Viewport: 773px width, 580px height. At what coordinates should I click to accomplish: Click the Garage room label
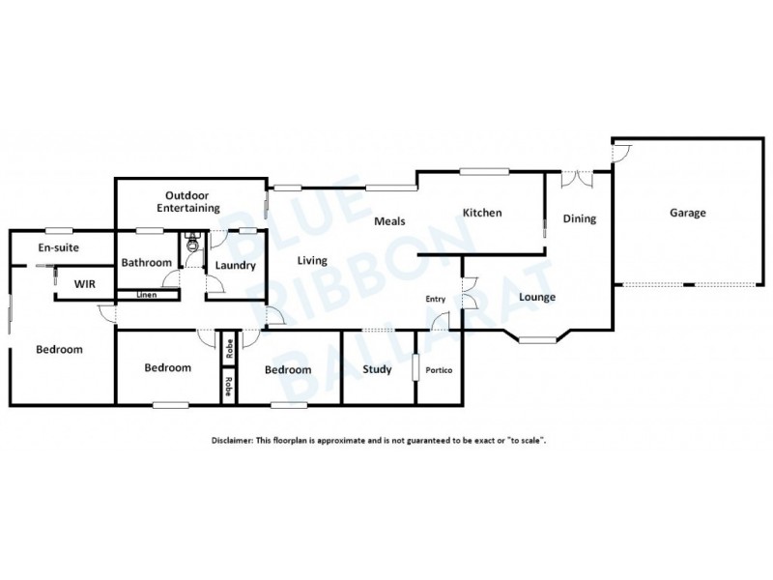point(688,214)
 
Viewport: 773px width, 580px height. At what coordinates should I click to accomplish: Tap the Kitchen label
point(481,214)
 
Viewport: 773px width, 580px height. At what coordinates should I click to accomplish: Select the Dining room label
point(580,219)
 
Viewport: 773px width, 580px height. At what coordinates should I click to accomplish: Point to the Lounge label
point(536,297)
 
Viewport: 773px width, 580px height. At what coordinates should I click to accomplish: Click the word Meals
point(390,221)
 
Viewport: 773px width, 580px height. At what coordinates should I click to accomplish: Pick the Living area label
point(312,260)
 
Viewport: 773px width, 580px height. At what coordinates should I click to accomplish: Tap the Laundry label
point(235,266)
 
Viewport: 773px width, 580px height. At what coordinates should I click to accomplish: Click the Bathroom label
point(147,262)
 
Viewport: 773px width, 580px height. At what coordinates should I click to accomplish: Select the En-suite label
point(58,248)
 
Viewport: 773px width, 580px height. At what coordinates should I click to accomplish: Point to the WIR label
point(85,284)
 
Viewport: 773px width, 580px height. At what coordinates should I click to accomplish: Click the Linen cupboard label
point(147,294)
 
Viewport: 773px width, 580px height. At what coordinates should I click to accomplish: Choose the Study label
point(376,369)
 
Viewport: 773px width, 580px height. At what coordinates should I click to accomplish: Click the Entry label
point(435,299)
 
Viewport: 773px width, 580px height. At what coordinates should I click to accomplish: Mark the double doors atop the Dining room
point(578,177)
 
